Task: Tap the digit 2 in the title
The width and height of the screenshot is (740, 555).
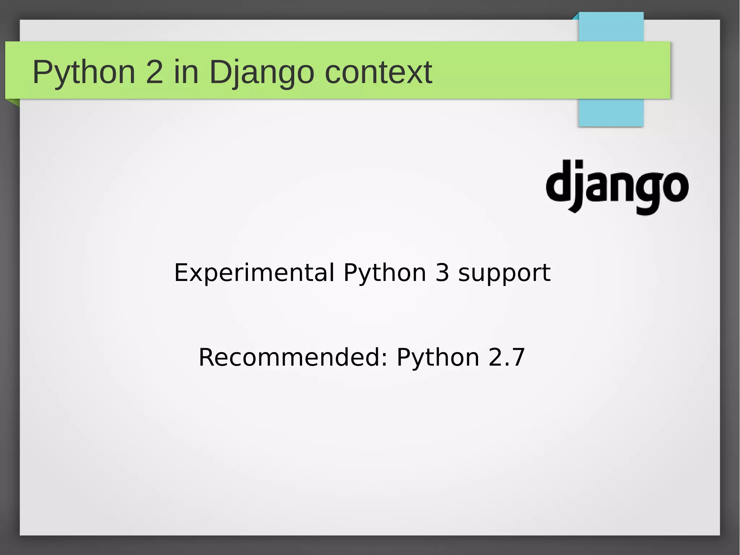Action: (154, 72)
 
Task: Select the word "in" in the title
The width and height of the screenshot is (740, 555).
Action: (186, 72)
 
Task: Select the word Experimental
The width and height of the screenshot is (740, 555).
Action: (254, 273)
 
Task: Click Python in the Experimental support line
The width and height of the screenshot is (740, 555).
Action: (384, 273)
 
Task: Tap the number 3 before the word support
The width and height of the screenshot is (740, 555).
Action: (442, 273)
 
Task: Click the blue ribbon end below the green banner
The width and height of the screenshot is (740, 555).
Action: (611, 112)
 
